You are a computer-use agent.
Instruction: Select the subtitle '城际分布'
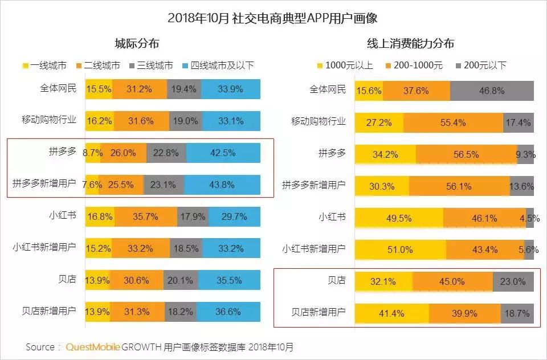click(x=137, y=44)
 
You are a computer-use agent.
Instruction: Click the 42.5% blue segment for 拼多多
click(x=223, y=153)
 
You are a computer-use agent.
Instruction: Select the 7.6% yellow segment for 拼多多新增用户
click(x=92, y=185)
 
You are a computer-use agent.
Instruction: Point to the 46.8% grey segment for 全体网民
click(x=492, y=91)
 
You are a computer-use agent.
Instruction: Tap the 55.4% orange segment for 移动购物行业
click(x=453, y=122)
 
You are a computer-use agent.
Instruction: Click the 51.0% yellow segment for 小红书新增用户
click(x=400, y=249)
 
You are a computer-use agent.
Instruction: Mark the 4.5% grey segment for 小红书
click(x=529, y=218)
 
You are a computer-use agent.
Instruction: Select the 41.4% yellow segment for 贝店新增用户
click(x=391, y=313)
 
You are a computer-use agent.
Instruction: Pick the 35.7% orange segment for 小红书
click(x=146, y=216)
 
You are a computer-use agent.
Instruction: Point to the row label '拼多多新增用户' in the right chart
click(x=314, y=185)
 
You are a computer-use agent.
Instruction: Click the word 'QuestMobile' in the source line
click(x=93, y=347)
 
